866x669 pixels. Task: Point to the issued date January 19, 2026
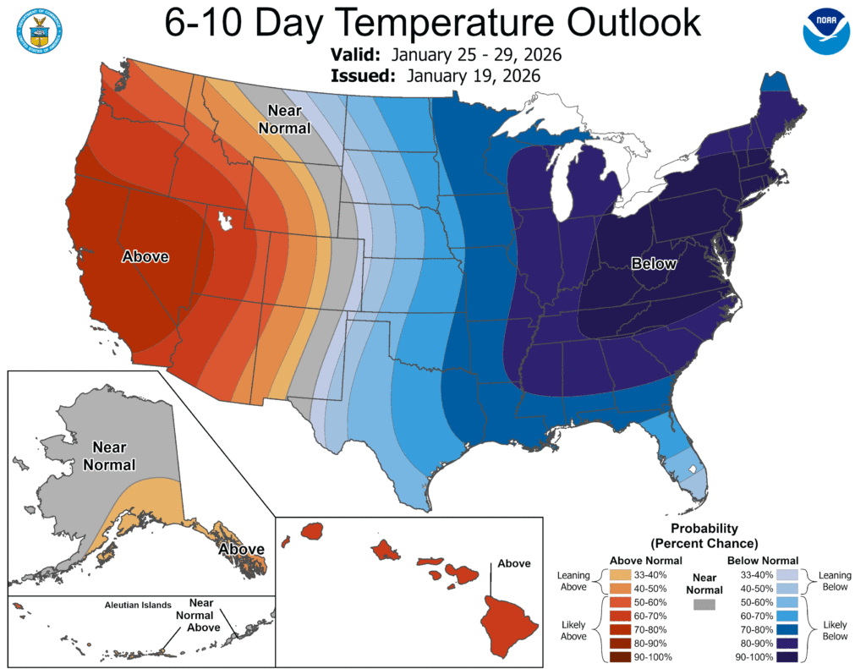[x=473, y=76]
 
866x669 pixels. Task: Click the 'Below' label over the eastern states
[x=654, y=264]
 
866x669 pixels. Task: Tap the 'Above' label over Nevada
[x=145, y=256]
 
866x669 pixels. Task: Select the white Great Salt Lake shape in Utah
[x=225, y=222]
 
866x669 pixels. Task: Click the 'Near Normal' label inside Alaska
[x=113, y=454]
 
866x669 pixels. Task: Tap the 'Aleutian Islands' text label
[x=138, y=606]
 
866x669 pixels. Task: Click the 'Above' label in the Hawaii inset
[x=514, y=563]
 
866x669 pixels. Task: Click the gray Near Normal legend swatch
[x=703, y=604]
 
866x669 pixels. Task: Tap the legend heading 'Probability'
[x=703, y=528]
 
